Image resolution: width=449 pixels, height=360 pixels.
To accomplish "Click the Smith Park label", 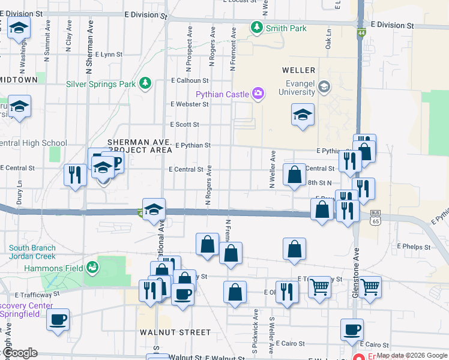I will (x=286, y=28).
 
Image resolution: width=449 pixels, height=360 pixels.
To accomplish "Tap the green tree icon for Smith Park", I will (x=257, y=28).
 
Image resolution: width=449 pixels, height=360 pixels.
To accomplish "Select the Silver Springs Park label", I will (x=101, y=84).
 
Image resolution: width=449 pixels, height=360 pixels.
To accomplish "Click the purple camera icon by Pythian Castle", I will (x=258, y=93).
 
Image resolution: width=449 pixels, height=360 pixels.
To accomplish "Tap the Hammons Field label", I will (x=49, y=268).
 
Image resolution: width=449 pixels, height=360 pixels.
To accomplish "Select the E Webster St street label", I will (x=189, y=104).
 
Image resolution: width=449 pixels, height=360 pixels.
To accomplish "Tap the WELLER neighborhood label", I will (x=298, y=70).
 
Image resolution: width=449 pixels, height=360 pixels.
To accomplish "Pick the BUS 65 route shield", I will (x=376, y=217).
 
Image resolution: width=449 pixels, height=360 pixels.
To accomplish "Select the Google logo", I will (x=19, y=353).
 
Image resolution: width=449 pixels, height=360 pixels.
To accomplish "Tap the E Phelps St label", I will (x=414, y=247).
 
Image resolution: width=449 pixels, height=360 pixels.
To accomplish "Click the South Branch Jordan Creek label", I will (x=32, y=252).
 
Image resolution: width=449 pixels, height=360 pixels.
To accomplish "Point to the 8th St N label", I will (x=321, y=182).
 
